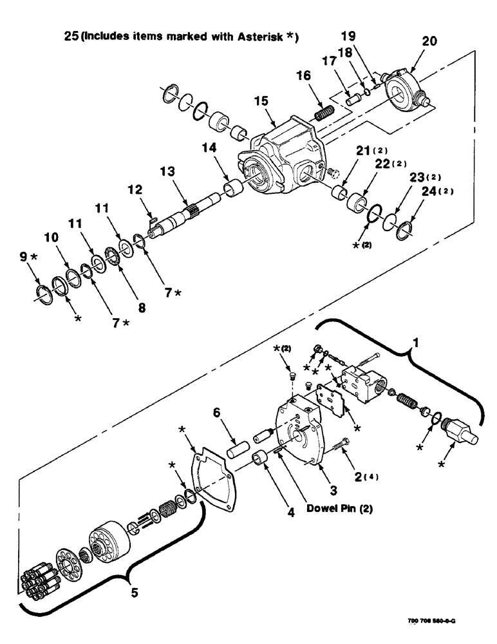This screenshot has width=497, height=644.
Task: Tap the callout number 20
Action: point(411,41)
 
